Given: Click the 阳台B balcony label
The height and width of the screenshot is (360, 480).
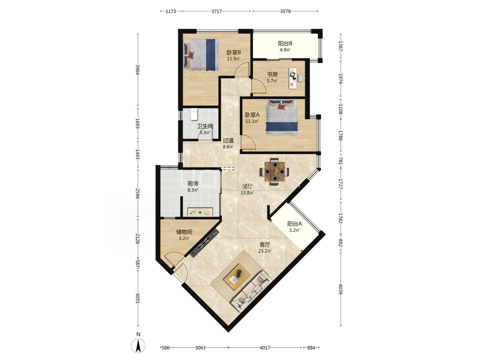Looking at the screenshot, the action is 285,43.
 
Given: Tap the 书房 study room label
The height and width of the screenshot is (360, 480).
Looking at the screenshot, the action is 272,74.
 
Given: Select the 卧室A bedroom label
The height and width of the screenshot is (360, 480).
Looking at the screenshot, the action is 252,115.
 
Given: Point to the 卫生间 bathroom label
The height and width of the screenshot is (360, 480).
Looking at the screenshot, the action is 205,126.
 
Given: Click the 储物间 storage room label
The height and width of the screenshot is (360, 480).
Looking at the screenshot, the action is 184,232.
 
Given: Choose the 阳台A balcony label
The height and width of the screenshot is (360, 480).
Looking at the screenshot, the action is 294,224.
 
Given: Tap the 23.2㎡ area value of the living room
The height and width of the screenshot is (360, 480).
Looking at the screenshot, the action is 265,251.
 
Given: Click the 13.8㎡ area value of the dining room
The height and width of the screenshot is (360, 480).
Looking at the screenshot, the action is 247,193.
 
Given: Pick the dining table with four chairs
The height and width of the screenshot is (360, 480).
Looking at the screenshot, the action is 274,171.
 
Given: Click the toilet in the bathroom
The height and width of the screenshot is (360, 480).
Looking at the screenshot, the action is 194,114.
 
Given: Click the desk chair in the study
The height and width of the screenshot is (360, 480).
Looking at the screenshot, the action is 301,78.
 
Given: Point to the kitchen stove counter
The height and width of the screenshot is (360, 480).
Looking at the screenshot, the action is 200,212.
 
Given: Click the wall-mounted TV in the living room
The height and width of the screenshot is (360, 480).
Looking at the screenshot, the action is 204,243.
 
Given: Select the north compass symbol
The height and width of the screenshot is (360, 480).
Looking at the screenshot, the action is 138,346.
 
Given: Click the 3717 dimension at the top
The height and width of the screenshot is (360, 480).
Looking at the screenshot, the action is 216,11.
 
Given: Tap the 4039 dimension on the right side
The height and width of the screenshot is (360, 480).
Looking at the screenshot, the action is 340,289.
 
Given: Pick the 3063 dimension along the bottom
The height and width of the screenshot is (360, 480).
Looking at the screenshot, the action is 200,348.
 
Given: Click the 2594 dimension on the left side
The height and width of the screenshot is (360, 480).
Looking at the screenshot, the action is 138,193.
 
